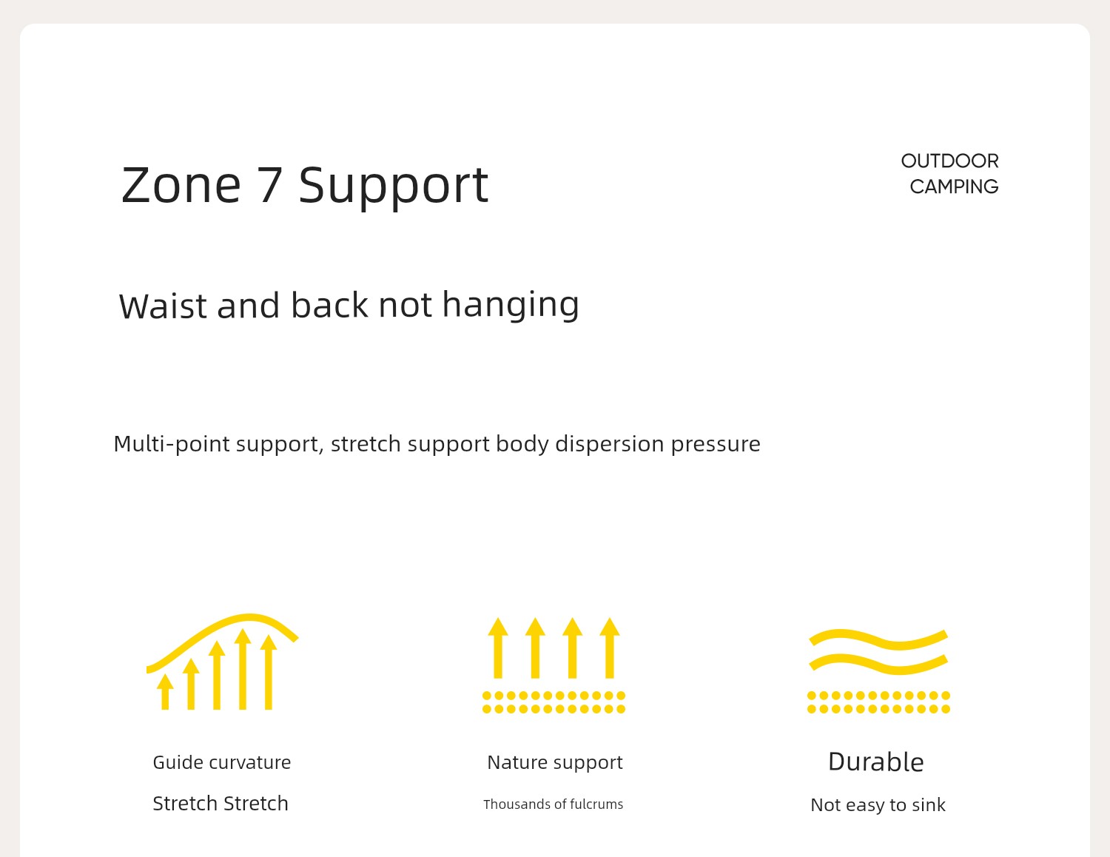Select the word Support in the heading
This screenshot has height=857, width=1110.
(394, 187)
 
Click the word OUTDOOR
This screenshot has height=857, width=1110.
(949, 161)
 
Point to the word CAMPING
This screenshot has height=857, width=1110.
(954, 187)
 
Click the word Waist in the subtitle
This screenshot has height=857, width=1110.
(163, 306)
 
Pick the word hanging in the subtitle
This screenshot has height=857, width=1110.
(511, 306)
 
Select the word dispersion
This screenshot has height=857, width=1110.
(609, 443)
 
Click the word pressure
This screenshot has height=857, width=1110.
(716, 445)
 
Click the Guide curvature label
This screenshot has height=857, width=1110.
(222, 762)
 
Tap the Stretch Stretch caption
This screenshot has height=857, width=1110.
(221, 804)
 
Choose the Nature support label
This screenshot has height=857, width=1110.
(555, 762)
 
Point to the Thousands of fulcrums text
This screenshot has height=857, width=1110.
(554, 804)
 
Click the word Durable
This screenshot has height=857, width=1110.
(875, 762)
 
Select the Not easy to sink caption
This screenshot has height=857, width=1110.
(878, 805)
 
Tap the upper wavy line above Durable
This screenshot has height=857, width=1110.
(878, 639)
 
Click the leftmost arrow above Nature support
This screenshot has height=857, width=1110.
(498, 648)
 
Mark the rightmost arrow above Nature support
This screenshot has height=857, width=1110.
(610, 648)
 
